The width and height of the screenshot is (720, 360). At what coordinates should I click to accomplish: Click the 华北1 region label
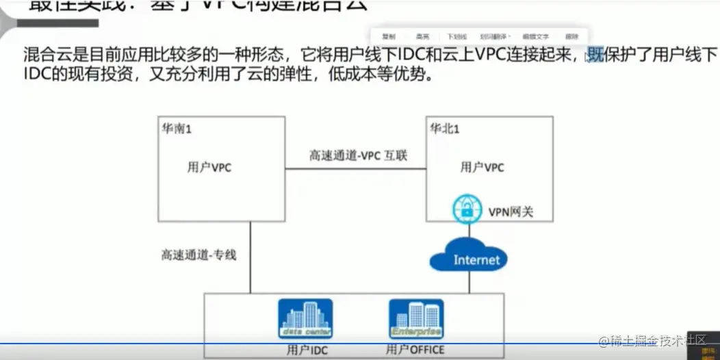(x=444, y=128)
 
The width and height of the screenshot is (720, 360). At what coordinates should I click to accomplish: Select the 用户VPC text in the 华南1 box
(x=209, y=168)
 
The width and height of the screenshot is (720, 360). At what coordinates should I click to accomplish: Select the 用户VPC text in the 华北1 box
(x=482, y=166)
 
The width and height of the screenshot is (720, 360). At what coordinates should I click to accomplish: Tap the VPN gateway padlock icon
(x=467, y=209)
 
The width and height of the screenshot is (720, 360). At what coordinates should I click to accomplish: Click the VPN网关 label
(x=510, y=212)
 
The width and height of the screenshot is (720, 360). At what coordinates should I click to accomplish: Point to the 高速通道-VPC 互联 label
(x=358, y=156)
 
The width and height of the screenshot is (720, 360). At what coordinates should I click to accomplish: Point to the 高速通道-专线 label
(x=198, y=255)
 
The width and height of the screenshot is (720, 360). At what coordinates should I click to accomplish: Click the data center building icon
(x=305, y=319)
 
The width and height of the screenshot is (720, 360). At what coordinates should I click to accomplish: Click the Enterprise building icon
(x=415, y=319)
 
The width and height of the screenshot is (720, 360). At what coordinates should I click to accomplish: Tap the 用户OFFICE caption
(x=415, y=350)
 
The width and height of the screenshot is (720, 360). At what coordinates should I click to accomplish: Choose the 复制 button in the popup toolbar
(x=389, y=36)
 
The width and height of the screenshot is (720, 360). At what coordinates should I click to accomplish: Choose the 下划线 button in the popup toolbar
(x=457, y=36)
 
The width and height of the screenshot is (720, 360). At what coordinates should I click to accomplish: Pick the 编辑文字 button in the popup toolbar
(x=536, y=36)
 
